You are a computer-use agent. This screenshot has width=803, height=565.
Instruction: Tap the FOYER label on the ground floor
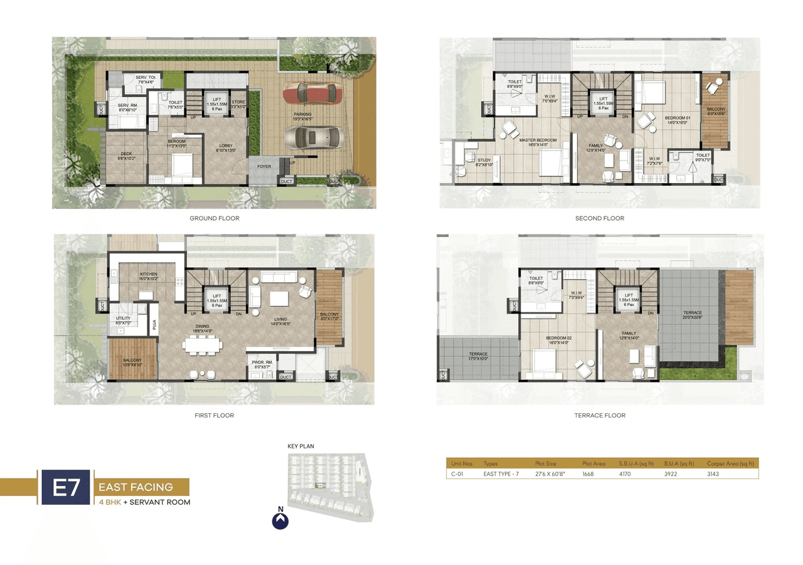[264, 167]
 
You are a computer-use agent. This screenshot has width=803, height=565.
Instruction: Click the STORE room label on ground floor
[238, 104]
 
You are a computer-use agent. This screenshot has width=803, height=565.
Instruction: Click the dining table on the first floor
[202, 346]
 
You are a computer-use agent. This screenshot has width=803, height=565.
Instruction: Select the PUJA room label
[153, 325]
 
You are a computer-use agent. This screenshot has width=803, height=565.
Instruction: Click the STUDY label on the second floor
[484, 162]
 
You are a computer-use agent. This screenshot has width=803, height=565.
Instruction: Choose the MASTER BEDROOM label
[538, 142]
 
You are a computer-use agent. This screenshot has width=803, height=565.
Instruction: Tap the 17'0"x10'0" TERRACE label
[477, 356]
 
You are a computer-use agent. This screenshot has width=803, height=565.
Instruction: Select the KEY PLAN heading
[300, 446]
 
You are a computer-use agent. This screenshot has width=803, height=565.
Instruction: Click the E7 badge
[65, 487]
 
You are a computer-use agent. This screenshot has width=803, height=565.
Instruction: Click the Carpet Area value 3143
[713, 474]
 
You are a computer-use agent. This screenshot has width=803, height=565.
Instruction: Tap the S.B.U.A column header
[636, 463]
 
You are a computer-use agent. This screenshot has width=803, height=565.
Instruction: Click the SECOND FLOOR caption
[599, 218]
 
